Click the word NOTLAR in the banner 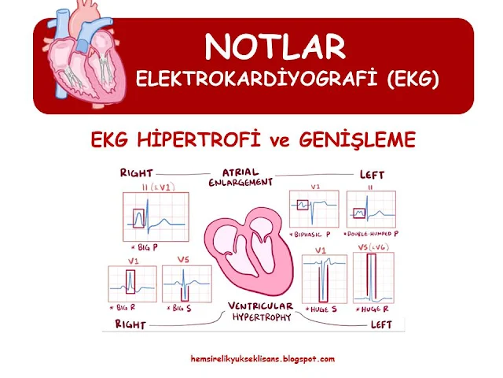275,46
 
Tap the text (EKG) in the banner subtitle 413,79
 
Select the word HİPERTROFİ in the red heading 198,139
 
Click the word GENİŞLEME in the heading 358,140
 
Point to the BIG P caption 145,247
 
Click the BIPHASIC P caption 310,235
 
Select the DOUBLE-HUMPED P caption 371,234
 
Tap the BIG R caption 123,308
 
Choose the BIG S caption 179,308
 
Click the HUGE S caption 321,309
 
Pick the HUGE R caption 372,309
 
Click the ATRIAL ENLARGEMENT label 240,177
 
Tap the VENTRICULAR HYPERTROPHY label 260,311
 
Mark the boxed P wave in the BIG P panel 138,218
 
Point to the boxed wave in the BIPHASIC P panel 303,205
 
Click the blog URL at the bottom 263,359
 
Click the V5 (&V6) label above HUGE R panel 373,247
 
